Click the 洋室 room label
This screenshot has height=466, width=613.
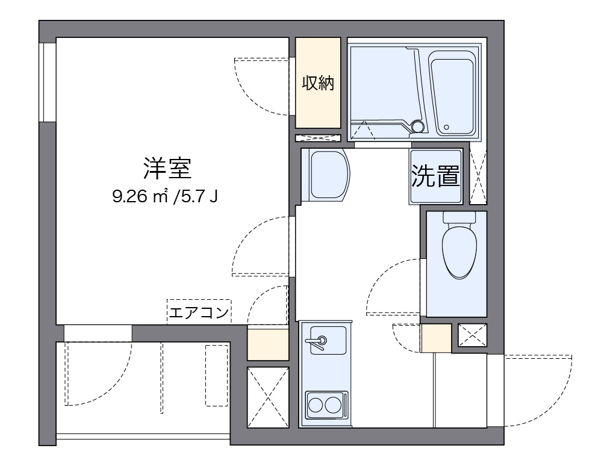tap(167, 169)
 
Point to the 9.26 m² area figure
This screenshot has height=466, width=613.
tap(139, 197)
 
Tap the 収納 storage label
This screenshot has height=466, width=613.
tap(317, 84)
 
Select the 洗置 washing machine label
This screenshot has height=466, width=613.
tap(436, 176)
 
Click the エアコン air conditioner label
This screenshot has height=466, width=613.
tap(199, 312)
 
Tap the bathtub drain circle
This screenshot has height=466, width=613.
tap(446, 127)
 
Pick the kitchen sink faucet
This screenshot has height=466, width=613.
tap(318, 343)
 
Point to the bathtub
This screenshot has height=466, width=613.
tap(452, 93)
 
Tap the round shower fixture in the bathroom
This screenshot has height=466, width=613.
tap(417, 126)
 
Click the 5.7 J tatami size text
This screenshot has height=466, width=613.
tap(196, 197)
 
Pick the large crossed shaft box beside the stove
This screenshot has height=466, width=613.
tap(267, 397)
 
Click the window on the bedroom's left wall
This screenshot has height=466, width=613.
tap(47, 81)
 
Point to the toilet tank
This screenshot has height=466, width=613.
tap(459, 217)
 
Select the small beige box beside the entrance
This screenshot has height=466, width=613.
tap(436, 338)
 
